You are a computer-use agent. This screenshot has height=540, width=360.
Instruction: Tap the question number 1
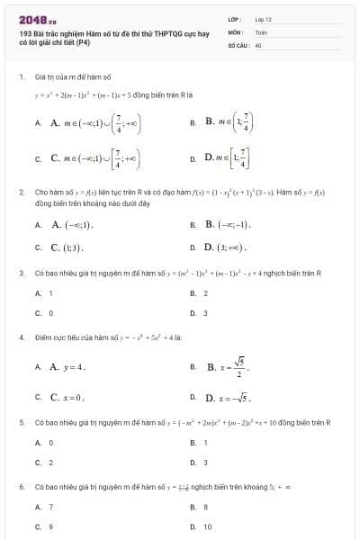[x=21, y=76]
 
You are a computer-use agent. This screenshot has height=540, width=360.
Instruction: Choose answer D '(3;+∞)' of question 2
[x=225, y=247]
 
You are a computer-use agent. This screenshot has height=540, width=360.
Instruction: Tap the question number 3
[x=21, y=272]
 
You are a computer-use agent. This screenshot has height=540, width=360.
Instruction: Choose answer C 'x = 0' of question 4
[x=67, y=396]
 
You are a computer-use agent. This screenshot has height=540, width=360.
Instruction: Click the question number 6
[x=21, y=486]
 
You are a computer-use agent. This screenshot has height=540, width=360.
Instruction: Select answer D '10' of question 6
[x=207, y=526]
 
